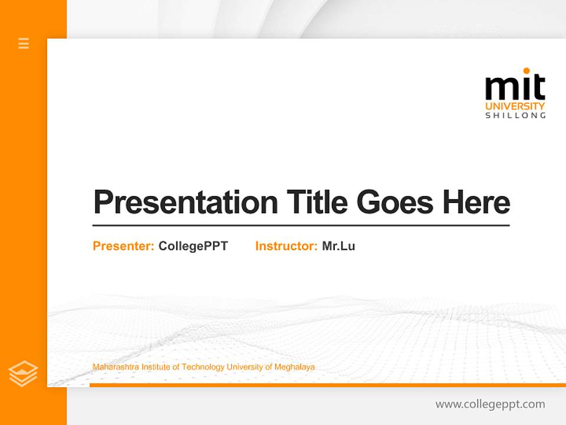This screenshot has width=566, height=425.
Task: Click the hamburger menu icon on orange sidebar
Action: coord(24,43)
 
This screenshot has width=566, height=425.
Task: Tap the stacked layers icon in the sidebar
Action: coord(23,374)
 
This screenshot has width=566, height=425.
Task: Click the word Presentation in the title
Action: coord(185,202)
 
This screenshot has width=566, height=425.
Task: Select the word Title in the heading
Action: coord(317,202)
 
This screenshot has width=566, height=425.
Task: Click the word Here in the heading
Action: coord(476,202)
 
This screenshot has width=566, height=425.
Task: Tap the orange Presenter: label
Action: coord(123,246)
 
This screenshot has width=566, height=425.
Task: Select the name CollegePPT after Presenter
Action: coord(193,246)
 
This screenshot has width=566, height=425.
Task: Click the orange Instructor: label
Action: coord(286,246)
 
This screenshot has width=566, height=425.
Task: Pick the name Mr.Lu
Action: coord(338,246)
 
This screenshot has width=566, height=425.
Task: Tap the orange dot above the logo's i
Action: coord(526,71)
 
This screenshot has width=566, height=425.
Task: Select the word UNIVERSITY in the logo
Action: coord(515,106)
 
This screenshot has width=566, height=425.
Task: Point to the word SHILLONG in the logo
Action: coord(515,116)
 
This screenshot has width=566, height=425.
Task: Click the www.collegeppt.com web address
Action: coord(490,404)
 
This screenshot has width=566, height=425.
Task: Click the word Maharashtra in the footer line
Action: coord(113,367)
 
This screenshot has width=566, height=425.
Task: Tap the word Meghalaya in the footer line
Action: coord(294,367)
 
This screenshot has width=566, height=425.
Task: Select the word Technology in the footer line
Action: coord(203,367)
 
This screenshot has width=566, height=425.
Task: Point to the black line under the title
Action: coord(301,225)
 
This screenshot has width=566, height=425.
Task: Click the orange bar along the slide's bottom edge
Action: coord(327,385)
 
